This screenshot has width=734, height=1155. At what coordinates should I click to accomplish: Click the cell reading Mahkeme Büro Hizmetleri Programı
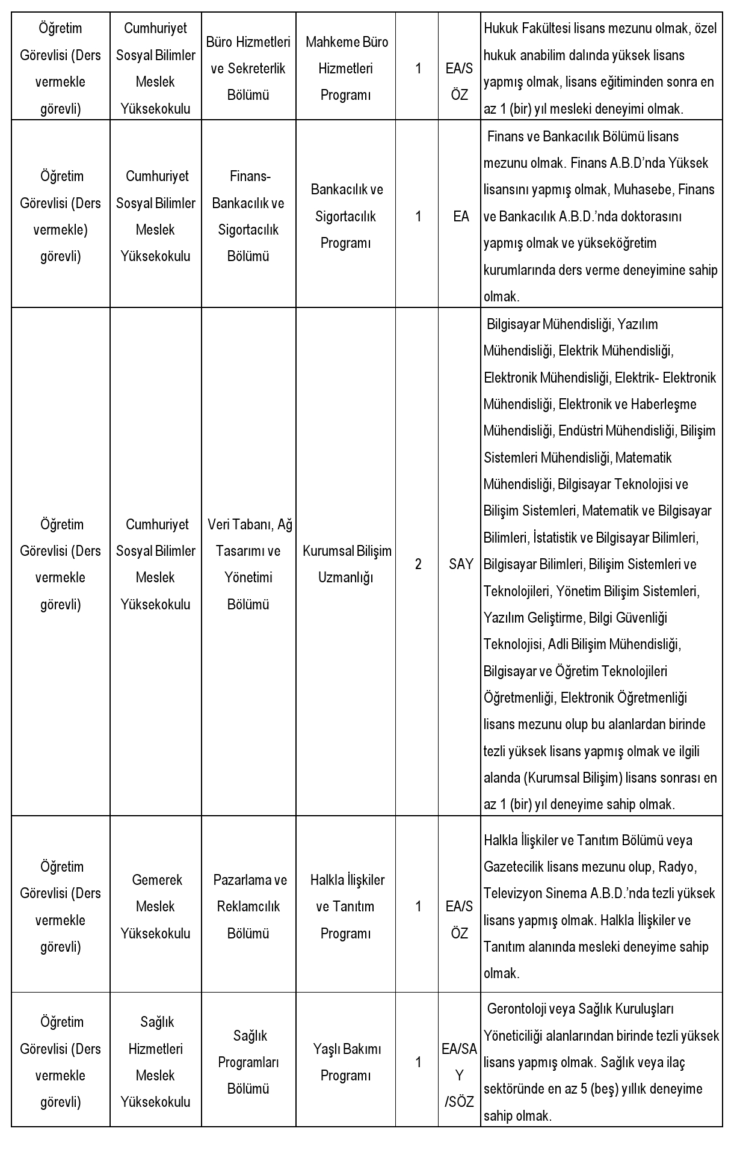click(346, 68)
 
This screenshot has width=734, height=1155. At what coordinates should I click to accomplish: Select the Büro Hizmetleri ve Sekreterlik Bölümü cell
click(248, 68)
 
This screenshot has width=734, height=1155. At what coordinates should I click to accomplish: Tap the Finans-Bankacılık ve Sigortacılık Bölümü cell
click(248, 216)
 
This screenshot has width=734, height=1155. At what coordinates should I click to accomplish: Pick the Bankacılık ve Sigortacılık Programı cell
click(346, 216)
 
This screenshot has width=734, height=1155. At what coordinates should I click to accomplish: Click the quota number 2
click(418, 564)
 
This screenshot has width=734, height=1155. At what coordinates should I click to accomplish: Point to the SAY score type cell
click(461, 564)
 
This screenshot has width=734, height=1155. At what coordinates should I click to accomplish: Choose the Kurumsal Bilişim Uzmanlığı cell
click(346, 564)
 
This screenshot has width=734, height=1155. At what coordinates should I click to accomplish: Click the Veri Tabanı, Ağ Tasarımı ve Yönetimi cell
click(248, 564)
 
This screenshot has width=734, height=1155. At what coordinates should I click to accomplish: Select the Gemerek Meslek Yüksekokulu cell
click(156, 907)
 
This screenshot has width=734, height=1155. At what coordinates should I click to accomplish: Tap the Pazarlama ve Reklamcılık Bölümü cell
click(248, 907)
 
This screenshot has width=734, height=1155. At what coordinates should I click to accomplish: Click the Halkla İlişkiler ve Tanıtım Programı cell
click(346, 907)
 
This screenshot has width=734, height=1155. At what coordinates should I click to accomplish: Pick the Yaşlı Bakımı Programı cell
click(346, 1062)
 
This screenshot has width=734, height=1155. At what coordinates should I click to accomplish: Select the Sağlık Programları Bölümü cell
click(248, 1062)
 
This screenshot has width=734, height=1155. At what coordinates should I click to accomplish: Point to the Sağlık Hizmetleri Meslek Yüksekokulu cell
click(156, 1062)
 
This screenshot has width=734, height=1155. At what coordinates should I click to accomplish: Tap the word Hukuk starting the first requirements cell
click(499, 28)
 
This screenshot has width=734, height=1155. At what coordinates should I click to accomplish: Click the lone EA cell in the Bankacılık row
click(461, 217)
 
